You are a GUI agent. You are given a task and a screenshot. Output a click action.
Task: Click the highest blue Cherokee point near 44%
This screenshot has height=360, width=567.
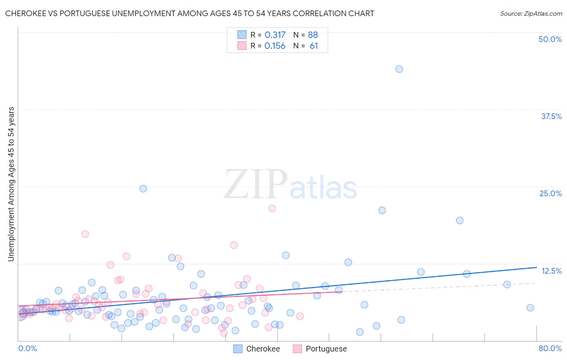[x=399, y=69]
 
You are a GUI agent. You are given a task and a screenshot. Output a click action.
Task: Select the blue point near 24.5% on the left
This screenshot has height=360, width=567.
[x=143, y=188]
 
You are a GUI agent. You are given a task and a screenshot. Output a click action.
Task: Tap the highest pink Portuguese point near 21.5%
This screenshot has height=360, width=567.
[x=272, y=208]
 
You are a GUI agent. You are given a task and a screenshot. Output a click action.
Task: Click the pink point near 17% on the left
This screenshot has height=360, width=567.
[x=85, y=234]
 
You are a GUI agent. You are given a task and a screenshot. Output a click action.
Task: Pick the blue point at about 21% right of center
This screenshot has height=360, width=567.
[x=382, y=210]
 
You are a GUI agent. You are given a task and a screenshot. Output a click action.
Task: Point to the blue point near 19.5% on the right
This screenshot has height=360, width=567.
[x=459, y=220]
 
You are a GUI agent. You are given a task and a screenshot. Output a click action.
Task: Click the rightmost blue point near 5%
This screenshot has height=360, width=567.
[x=530, y=308]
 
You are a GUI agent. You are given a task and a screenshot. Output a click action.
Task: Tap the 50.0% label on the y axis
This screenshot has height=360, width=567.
[x=550, y=39]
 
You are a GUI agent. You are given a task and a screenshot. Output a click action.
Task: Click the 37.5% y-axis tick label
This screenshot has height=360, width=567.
[x=551, y=116]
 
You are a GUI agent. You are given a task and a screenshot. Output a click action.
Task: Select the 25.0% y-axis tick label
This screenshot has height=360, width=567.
[x=550, y=193]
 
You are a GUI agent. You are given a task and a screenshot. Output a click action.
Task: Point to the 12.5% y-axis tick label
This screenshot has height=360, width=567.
[x=551, y=271]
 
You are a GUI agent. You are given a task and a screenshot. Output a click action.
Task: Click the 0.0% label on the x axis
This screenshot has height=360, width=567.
[x=28, y=348]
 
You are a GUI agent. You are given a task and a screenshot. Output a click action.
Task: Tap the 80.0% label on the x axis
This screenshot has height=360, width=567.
[x=550, y=348]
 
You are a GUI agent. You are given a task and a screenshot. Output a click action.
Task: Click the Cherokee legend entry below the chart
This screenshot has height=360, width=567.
[x=263, y=349]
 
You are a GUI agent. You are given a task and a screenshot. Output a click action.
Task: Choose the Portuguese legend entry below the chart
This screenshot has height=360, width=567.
[x=326, y=349]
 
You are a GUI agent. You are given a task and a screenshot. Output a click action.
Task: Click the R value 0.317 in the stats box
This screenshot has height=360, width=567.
[x=275, y=35]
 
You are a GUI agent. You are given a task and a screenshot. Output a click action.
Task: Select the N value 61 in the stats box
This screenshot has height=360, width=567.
[x=313, y=46]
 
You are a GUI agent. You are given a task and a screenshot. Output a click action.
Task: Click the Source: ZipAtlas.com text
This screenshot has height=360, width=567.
[x=531, y=13]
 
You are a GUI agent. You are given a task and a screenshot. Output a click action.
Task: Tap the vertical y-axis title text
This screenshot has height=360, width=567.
[x=11, y=184]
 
